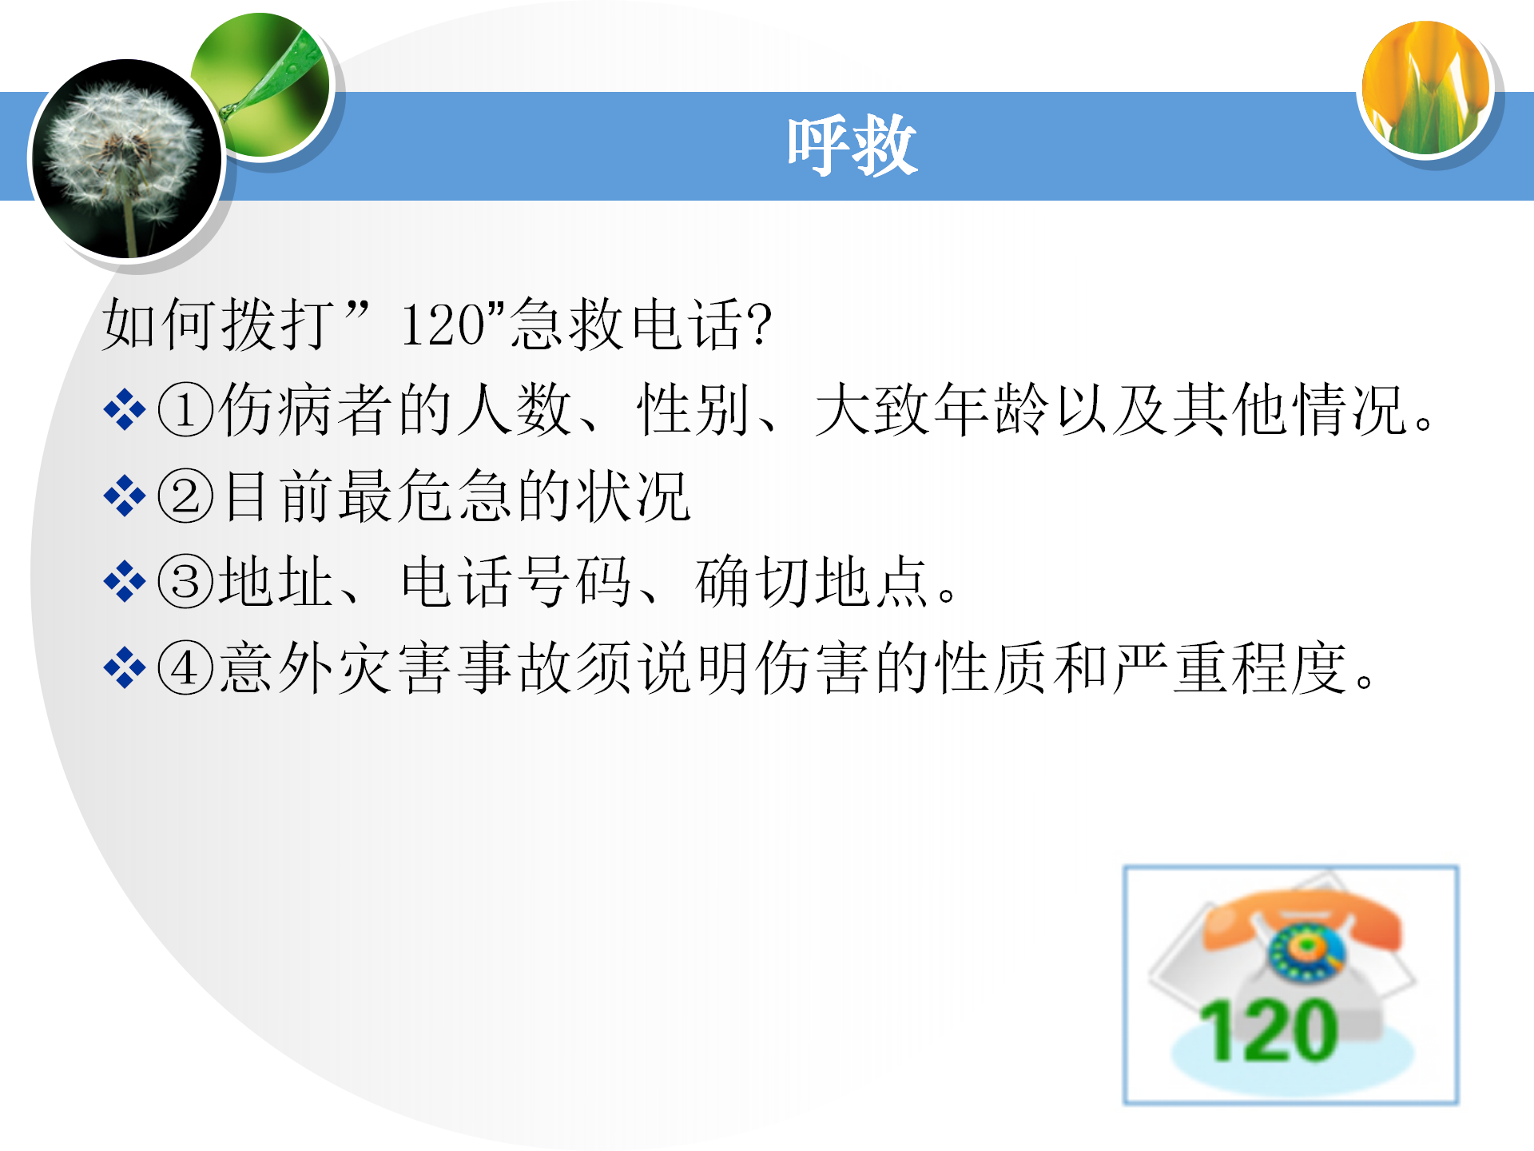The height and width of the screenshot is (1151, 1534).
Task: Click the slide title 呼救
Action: click(x=852, y=145)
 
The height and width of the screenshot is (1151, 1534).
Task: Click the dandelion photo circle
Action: click(x=126, y=158)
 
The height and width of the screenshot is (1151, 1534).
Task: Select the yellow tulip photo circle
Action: click(x=1426, y=87)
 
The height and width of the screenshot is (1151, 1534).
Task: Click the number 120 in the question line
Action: click(x=442, y=325)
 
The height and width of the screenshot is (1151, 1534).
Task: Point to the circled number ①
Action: click(x=185, y=410)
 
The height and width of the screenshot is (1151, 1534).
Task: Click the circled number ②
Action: click(x=185, y=496)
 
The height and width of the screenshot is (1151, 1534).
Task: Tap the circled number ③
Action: click(x=185, y=581)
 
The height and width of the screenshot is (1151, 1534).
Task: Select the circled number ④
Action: click(x=185, y=667)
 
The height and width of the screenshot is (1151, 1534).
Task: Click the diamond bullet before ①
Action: click(x=125, y=410)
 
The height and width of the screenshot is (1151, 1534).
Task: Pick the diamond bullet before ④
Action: click(x=125, y=667)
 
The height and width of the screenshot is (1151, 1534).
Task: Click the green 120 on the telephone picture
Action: click(x=1269, y=1031)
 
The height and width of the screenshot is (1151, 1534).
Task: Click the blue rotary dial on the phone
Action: click(x=1307, y=951)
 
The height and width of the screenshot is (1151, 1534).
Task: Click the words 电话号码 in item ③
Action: click(x=516, y=582)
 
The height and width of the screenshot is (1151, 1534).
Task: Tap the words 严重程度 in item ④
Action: click(x=1232, y=667)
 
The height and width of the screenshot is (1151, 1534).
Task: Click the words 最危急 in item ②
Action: click(x=426, y=496)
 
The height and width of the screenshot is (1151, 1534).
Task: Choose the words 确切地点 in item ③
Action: click(x=812, y=582)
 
